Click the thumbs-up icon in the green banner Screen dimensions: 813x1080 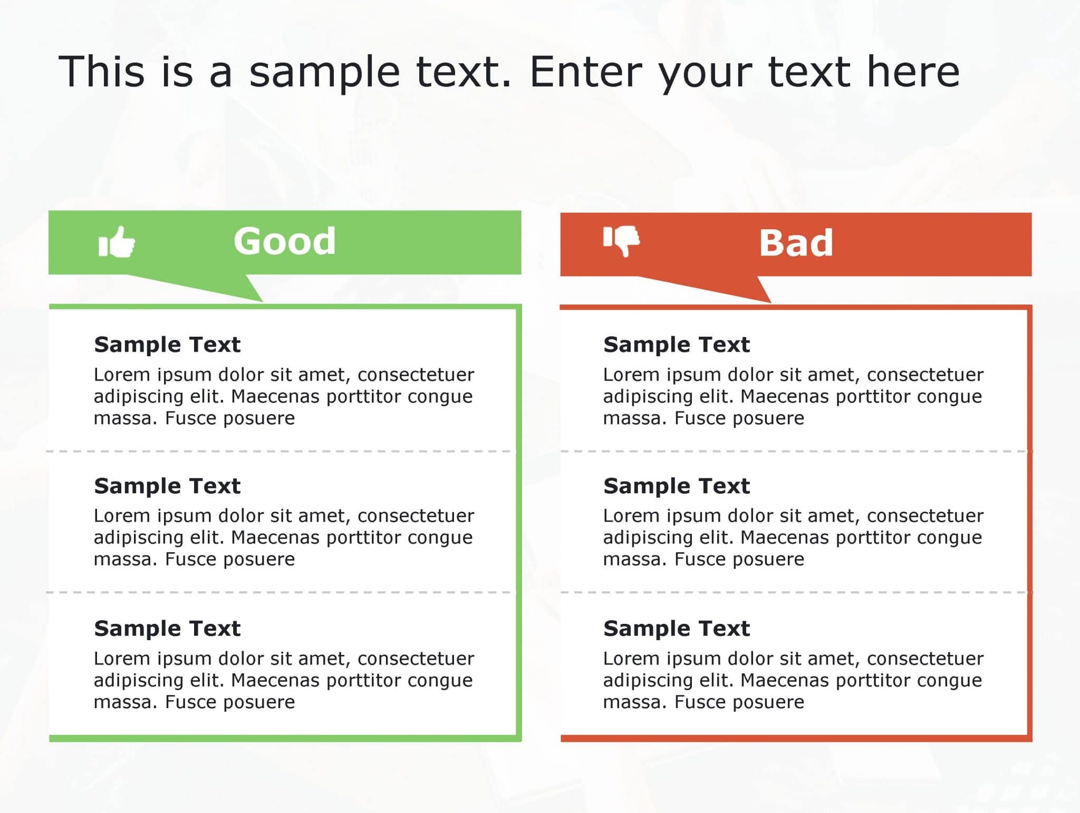coord(117,242)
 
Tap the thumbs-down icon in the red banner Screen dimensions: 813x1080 coord(621,240)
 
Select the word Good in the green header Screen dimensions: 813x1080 coord(284,241)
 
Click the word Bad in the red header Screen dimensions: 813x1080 coord(796,243)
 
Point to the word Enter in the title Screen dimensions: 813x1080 coord(585,72)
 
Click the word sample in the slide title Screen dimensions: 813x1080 coord(324,73)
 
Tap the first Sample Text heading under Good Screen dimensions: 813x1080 coord(167,345)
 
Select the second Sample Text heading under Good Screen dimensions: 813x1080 coord(167,486)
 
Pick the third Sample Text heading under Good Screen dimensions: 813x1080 coord(167,628)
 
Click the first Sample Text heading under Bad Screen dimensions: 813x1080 coord(677,345)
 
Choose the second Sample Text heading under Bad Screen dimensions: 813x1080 coord(677,486)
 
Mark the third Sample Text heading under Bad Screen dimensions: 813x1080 coord(677,628)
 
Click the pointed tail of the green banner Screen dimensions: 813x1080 coord(232,290)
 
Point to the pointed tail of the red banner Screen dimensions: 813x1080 coord(744,291)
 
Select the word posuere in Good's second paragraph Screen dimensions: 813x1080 coord(259,559)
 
